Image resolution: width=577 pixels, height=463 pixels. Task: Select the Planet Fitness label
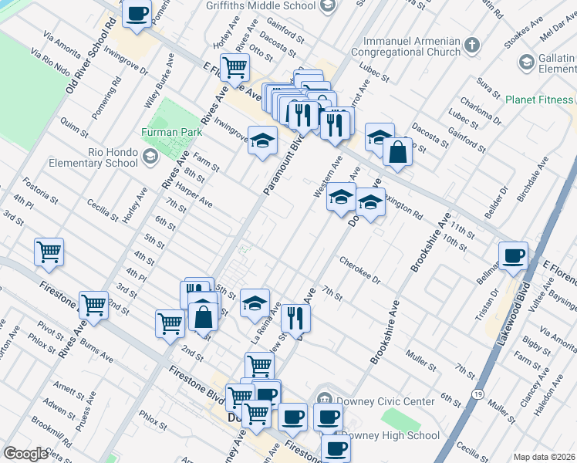pos(539,100)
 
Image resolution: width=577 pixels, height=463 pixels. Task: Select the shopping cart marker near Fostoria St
pos(49,251)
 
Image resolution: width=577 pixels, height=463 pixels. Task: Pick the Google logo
pos(25,454)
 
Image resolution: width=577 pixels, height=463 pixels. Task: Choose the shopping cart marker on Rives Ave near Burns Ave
pos(93,305)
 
